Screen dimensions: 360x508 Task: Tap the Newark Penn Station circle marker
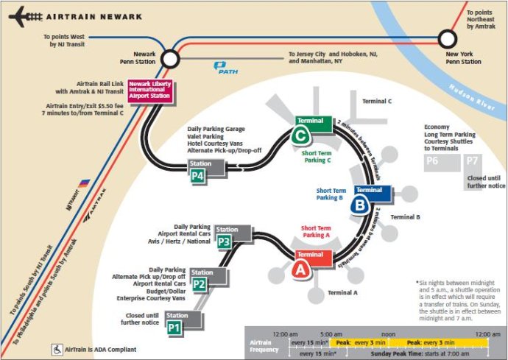[171, 58]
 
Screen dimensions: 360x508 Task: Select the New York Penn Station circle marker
[448, 38]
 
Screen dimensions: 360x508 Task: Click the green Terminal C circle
[300, 135]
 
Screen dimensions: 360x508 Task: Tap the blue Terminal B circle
[360, 205]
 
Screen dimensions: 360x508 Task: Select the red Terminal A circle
[300, 269]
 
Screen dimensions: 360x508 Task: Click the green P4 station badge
[197, 175]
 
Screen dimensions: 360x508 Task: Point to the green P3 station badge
[225, 241]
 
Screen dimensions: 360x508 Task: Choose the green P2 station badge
[199, 283]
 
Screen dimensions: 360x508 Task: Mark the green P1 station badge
[174, 327]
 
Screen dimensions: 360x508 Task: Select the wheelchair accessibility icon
[54, 349]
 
